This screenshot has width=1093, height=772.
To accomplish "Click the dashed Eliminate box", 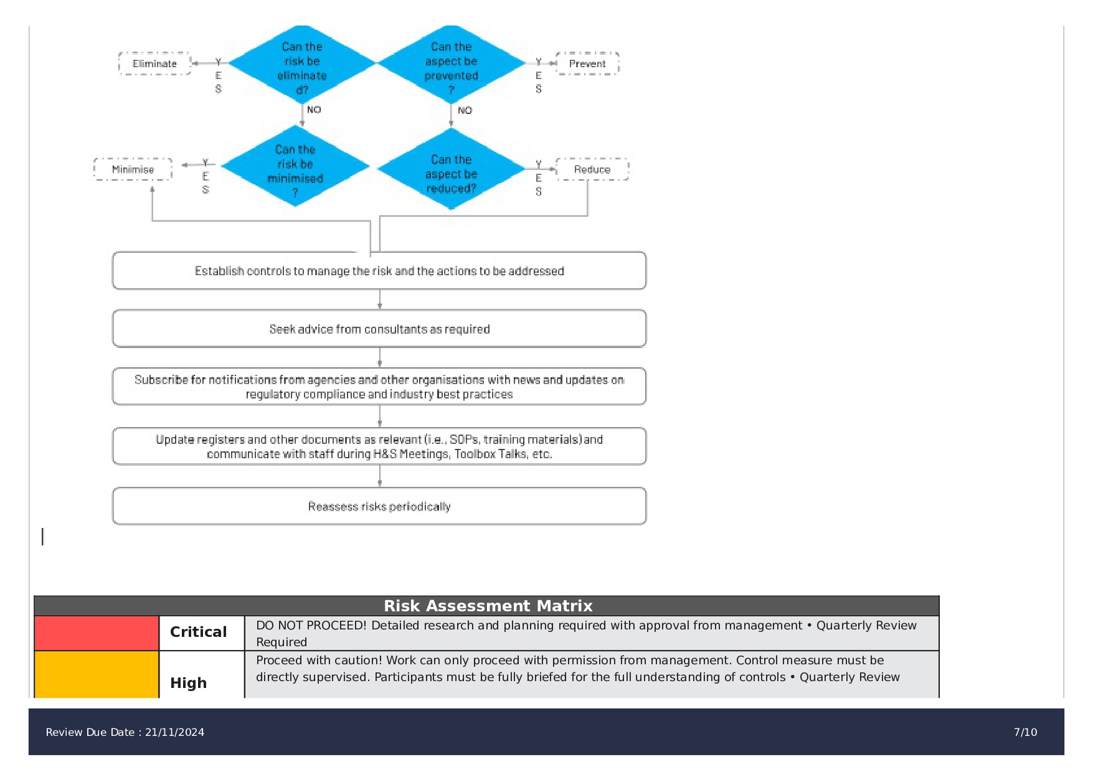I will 154,64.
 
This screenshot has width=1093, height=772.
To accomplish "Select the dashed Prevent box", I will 587,64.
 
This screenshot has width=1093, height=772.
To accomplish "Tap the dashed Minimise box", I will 133,169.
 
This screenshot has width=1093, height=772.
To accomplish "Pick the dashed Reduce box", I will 592,169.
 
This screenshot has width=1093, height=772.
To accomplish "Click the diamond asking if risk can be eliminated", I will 302,65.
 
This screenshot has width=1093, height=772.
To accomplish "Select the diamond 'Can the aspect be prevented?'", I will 452,65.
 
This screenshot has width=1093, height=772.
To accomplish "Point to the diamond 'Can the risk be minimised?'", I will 295,167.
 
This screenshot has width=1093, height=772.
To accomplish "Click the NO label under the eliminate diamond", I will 314,110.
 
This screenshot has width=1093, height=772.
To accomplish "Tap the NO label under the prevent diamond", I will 465,111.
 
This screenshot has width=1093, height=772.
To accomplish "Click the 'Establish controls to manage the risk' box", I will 379,271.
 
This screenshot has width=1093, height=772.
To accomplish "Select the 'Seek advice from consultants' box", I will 379,329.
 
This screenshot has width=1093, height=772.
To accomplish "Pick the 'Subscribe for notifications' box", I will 379,387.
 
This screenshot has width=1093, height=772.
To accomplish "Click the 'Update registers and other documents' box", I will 379,446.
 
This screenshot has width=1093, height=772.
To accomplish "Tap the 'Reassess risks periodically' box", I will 379,506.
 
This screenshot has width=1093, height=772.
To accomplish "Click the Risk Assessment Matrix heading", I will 488,606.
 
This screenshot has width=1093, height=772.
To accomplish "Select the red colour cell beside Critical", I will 97,633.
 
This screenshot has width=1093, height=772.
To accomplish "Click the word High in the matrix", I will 188,683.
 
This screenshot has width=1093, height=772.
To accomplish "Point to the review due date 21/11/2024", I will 174,732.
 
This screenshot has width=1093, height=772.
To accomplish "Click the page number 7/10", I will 1025,732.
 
